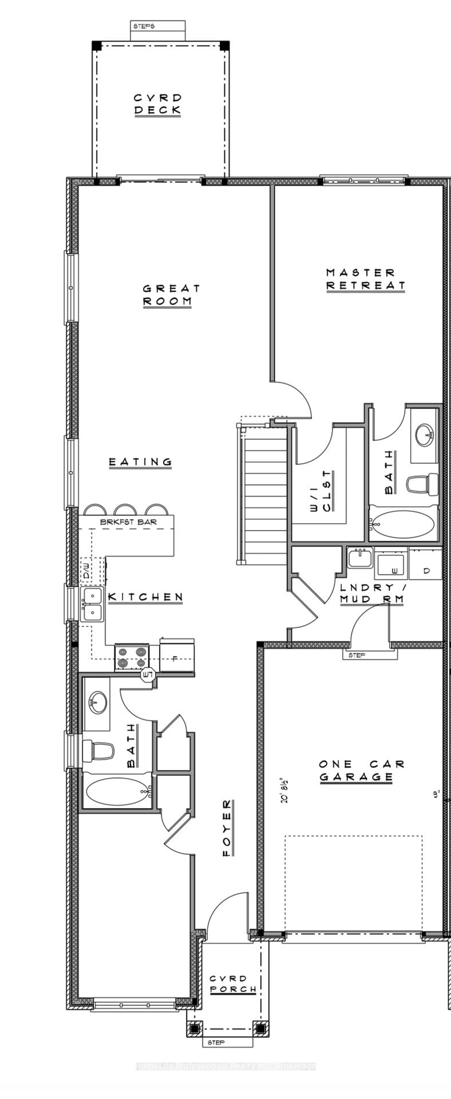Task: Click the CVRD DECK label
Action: pos(158,104)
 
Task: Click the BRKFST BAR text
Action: pos(128,522)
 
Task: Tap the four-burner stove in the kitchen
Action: pos(131,657)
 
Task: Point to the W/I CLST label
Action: pos(321,491)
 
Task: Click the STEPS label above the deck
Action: pos(144,26)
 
